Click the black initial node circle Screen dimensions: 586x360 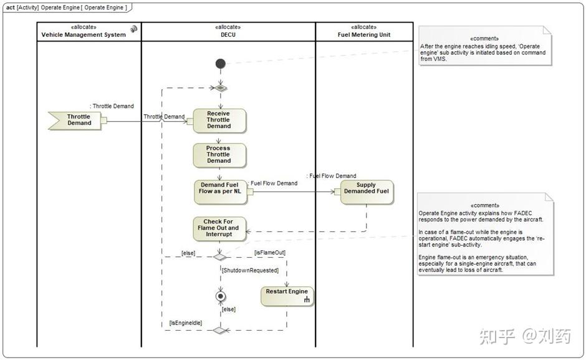pos(221,64)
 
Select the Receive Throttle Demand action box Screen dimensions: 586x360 pos(219,120)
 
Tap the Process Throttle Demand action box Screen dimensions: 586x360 pos(219,155)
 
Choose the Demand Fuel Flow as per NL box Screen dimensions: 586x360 pos(221,192)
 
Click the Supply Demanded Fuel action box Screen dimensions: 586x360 pos(367,192)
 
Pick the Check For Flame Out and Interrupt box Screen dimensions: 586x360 pos(219,228)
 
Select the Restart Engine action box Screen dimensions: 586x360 pos(287,296)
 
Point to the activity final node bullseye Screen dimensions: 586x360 pos(221,297)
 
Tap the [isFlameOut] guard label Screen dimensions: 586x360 pos(270,253)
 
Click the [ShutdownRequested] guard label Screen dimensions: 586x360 pos(250,270)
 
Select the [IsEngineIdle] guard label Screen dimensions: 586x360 pos(186,323)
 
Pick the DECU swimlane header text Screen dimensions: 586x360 pos(228,35)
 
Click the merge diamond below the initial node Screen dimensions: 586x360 pos(221,88)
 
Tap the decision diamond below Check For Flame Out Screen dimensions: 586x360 pos(219,256)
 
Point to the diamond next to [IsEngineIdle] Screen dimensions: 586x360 pos(219,330)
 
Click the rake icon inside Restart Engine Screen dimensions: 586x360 pos(307,299)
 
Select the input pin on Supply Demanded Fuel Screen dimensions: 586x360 pos(337,192)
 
